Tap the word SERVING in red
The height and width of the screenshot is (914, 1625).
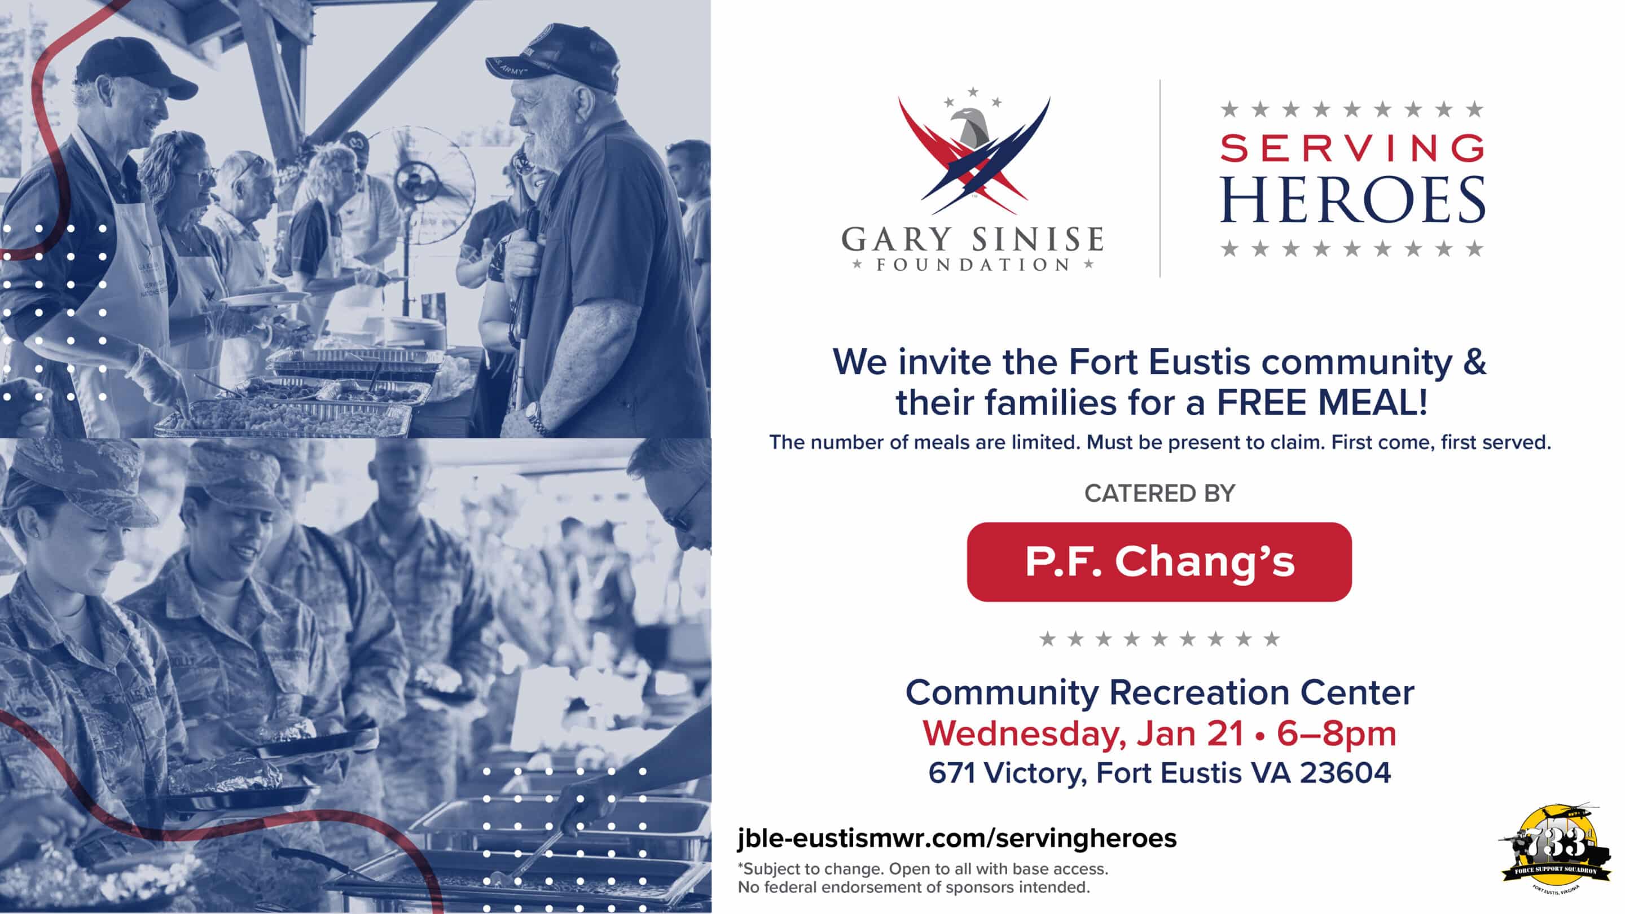click(x=1352, y=149)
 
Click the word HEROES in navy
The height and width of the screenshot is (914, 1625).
click(x=1352, y=199)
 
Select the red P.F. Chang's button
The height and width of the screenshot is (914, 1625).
click(x=1159, y=561)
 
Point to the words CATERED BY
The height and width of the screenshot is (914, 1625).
click(x=1160, y=493)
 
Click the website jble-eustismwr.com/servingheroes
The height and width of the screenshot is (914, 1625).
click(x=957, y=838)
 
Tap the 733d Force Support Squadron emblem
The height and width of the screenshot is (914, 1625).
click(x=1555, y=849)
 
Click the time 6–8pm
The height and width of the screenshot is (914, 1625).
click(x=1336, y=733)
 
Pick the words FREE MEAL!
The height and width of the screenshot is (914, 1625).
click(x=1322, y=402)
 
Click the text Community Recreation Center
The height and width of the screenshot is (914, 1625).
click(x=1160, y=693)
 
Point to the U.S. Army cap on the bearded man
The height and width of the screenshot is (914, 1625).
click(x=556, y=58)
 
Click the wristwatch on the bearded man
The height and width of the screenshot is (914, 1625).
click(x=535, y=418)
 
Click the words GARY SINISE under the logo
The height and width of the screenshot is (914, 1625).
click(x=972, y=240)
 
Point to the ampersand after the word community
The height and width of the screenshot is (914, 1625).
click(x=1474, y=362)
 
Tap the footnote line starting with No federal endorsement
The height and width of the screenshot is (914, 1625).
click(x=914, y=887)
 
